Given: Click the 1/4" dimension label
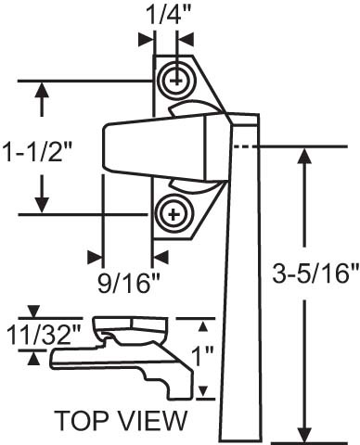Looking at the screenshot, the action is [168, 15].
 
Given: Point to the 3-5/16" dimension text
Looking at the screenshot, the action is [315, 273].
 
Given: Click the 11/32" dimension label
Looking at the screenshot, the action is [44, 335].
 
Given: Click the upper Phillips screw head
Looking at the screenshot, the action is [176, 81].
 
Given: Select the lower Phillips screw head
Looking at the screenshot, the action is [174, 214].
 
